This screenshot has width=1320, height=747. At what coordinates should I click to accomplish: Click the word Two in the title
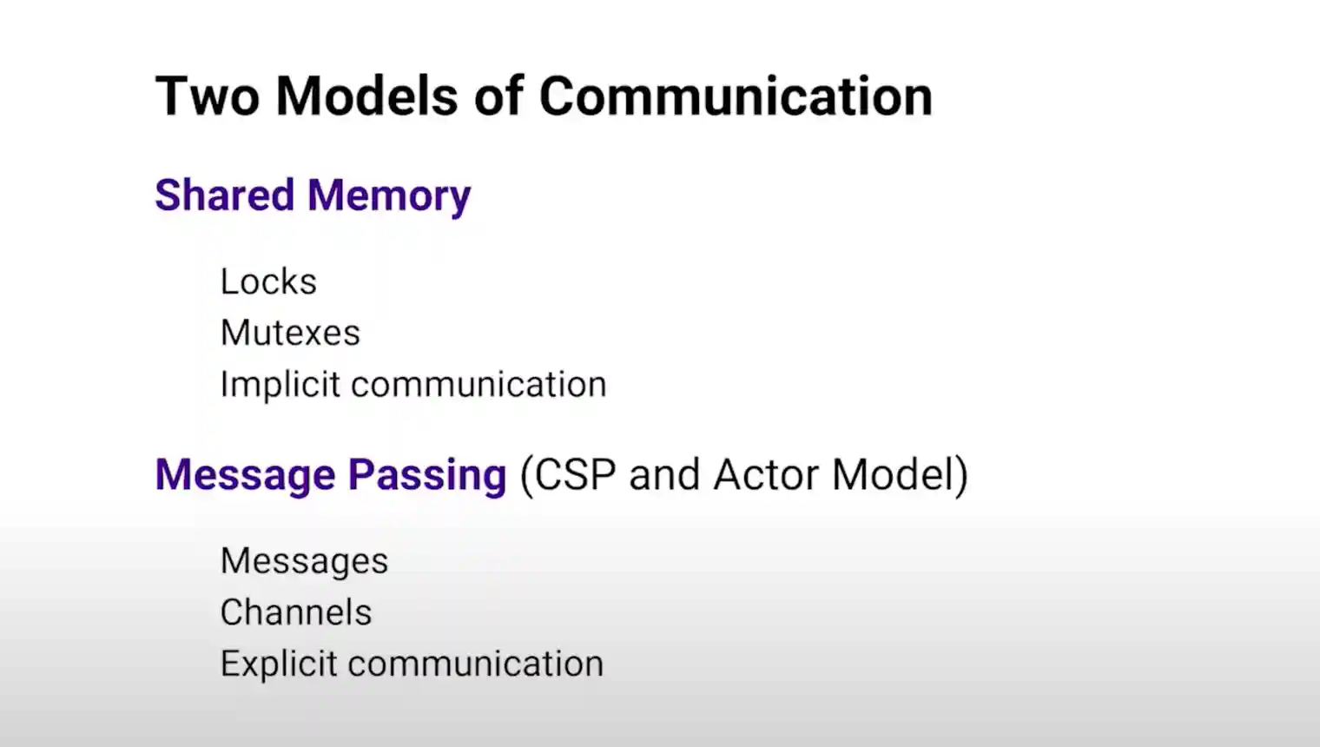click(x=207, y=96)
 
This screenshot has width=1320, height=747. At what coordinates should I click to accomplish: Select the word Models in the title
click(x=366, y=96)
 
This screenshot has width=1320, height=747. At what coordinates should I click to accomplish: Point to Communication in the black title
click(x=736, y=96)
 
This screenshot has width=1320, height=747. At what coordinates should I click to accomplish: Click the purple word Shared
click(x=224, y=195)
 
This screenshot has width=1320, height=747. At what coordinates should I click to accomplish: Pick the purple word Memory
click(x=389, y=197)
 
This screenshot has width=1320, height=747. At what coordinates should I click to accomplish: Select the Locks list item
click(x=268, y=281)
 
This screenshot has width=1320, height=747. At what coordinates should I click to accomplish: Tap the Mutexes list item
click(x=291, y=333)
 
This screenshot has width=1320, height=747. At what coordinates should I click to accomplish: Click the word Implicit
click(x=280, y=386)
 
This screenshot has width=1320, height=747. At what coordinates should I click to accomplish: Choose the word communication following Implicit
click(x=479, y=385)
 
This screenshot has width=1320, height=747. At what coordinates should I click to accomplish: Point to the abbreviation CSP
click(x=570, y=474)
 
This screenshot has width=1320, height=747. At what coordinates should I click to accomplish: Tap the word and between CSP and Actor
click(x=664, y=474)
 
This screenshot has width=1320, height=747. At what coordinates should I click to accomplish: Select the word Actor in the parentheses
click(x=765, y=474)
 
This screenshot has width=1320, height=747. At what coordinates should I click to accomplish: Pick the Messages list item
click(x=305, y=561)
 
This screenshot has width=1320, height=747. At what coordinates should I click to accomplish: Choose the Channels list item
click(x=296, y=612)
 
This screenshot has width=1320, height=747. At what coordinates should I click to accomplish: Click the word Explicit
click(x=279, y=664)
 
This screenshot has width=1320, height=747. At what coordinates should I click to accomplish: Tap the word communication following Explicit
click(x=476, y=664)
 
